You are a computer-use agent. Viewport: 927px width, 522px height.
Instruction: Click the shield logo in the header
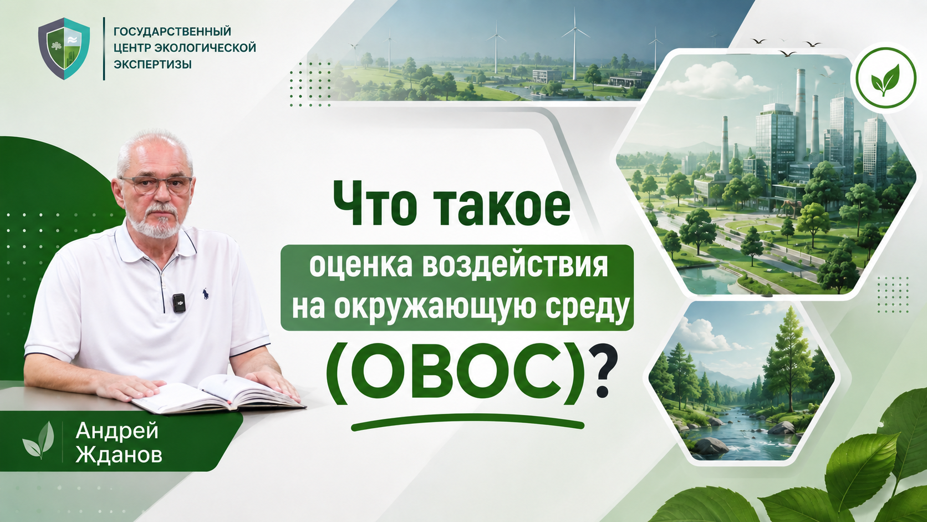(x=64, y=48)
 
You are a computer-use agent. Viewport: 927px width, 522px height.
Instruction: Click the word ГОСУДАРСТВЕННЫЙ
(x=172, y=32)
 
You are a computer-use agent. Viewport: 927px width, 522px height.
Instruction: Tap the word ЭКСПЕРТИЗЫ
(x=152, y=64)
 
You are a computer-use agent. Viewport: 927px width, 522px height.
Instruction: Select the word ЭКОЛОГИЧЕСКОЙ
(x=205, y=48)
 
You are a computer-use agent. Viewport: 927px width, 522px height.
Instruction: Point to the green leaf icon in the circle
(x=885, y=80)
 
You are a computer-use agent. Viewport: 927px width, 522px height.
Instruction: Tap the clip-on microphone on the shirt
(x=179, y=303)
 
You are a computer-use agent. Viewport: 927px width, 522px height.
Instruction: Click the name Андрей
(x=117, y=432)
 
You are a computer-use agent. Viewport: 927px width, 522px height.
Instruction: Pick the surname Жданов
(x=119, y=455)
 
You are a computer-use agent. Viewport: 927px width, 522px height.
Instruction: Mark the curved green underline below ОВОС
(x=467, y=422)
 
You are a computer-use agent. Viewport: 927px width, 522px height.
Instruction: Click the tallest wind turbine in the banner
(x=575, y=44)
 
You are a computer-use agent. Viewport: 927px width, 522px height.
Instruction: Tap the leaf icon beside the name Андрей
(x=38, y=440)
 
